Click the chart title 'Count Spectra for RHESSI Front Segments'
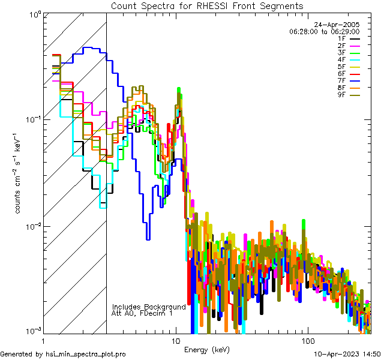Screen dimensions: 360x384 tap(207, 5)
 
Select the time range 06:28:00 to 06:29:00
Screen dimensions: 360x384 tap(324, 31)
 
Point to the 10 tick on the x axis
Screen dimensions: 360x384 tap(175, 341)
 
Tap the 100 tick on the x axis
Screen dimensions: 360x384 tap(307, 341)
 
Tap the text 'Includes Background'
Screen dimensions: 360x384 tap(149, 307)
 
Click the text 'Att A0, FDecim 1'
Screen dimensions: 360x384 tap(142, 313)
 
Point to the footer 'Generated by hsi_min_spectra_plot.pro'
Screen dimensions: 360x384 tap(64, 354)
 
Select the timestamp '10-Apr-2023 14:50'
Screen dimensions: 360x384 tap(347, 354)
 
